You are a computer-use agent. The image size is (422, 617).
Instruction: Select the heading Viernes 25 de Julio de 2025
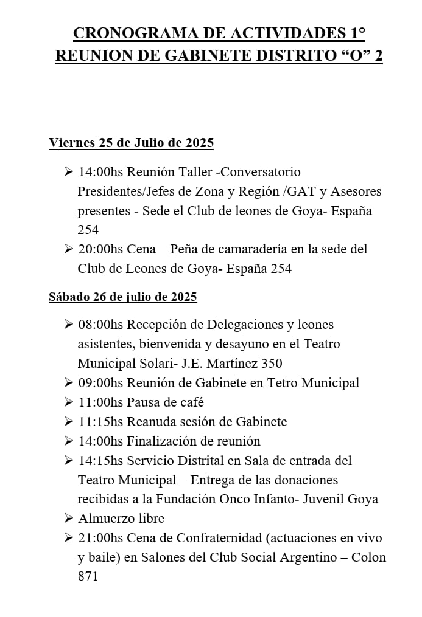(131, 143)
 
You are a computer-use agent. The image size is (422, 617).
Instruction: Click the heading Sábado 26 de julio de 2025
(122, 297)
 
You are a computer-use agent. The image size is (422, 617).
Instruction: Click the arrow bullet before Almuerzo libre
(69, 519)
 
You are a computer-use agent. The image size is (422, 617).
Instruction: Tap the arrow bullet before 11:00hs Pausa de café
(69, 402)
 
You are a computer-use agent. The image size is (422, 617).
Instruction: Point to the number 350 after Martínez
(272, 364)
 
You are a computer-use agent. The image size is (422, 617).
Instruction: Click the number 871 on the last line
(88, 577)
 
